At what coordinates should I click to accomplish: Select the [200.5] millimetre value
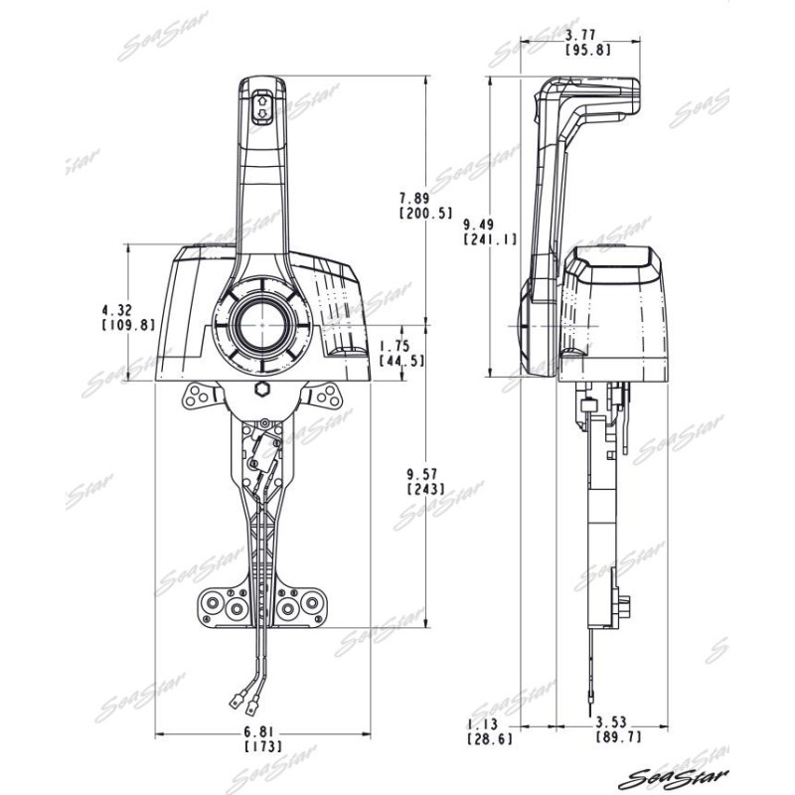pyautogui.click(x=425, y=213)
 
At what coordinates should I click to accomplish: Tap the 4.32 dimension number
pyautogui.click(x=117, y=309)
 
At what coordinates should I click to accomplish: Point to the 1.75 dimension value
pyautogui.click(x=395, y=346)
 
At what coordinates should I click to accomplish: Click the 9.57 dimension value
pyautogui.click(x=423, y=474)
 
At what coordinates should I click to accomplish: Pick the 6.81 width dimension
pyautogui.click(x=258, y=731)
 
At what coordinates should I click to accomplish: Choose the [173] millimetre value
pyautogui.click(x=262, y=747)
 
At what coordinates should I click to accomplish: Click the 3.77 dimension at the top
pyautogui.click(x=580, y=35)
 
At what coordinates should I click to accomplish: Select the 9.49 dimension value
pyautogui.click(x=479, y=224)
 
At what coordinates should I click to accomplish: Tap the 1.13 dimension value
pyautogui.click(x=482, y=724)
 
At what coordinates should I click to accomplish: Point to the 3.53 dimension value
pyautogui.click(x=611, y=721)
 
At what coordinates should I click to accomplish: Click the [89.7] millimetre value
pyautogui.click(x=618, y=736)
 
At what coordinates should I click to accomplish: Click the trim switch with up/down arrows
pyautogui.click(x=262, y=107)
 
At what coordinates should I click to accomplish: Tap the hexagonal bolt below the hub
pyautogui.click(x=262, y=390)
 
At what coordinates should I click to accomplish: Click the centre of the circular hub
pyautogui.click(x=262, y=324)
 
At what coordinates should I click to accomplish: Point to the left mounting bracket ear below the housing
pyautogui.click(x=201, y=396)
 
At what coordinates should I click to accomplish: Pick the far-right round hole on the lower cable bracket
pyautogui.click(x=310, y=603)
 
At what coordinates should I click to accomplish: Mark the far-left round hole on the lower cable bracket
pyautogui.click(x=213, y=603)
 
